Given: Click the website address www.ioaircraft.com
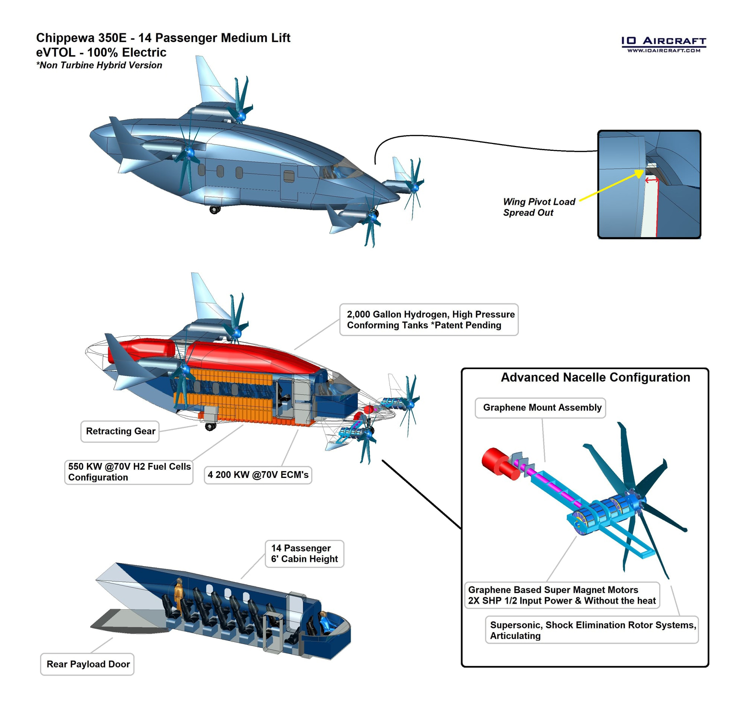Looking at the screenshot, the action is click(x=664, y=50).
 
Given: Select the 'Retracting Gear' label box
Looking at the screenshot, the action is click(x=120, y=431).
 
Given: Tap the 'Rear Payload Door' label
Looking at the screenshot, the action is click(x=87, y=664).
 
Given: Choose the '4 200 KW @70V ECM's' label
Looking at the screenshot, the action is click(x=258, y=475).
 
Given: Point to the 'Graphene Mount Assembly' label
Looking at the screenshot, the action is click(x=540, y=407).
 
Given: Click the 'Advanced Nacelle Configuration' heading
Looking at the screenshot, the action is click(x=595, y=377).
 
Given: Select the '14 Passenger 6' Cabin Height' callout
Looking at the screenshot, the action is click(x=304, y=553).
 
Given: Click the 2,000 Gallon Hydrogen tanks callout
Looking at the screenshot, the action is click(x=429, y=319).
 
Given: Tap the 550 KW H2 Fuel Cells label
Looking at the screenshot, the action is click(x=129, y=472).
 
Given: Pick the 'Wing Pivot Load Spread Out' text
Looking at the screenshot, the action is click(x=539, y=207).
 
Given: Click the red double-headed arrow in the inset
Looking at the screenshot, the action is click(x=652, y=180).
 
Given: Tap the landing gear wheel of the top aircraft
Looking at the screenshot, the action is click(x=214, y=209).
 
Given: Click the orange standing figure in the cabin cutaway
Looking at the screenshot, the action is click(x=178, y=592).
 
